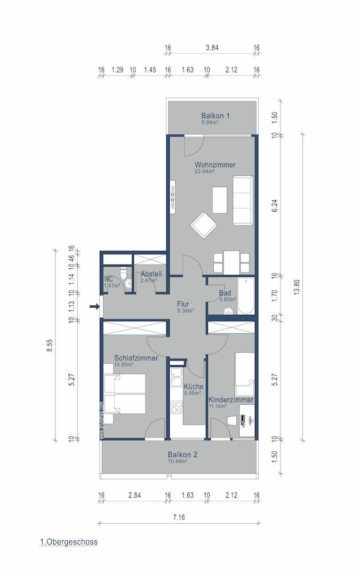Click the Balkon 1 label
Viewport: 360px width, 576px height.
pos(215,115)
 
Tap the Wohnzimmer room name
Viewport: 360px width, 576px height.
pos(214,165)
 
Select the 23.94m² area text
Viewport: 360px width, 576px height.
pos(204,172)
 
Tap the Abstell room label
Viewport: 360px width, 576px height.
pos(151,274)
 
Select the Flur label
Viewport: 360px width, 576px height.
pos(183,304)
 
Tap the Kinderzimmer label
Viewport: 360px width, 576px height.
pos(230,399)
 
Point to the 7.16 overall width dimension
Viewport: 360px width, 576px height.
pos(178,517)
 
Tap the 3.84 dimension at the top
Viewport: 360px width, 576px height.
pos(212,48)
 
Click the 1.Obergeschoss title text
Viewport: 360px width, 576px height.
pos(68,542)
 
